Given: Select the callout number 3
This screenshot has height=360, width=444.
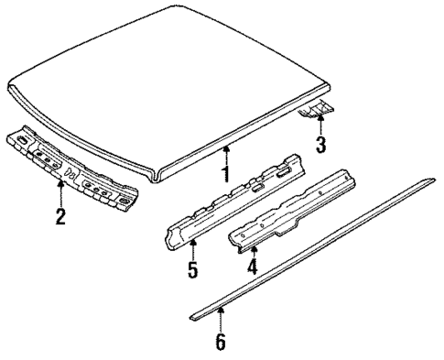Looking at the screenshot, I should (x=319, y=145).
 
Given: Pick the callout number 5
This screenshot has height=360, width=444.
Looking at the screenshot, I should (x=193, y=271).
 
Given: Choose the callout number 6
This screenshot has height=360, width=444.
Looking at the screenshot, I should (x=220, y=343).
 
